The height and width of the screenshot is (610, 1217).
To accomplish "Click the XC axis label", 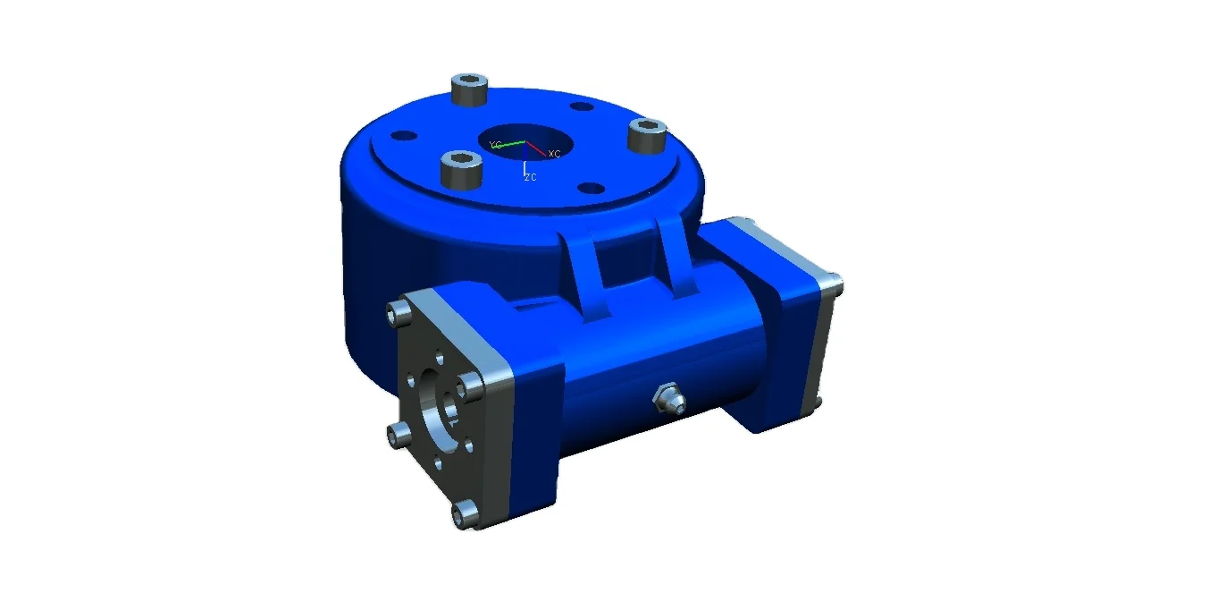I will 554,154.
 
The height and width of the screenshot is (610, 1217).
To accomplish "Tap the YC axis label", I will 494,144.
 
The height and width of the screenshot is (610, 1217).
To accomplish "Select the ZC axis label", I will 530,177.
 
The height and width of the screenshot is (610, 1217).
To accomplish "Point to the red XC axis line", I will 537,148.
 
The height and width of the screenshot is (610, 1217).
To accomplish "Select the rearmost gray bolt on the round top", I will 469,89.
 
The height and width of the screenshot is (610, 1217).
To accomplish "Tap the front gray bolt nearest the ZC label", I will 461,168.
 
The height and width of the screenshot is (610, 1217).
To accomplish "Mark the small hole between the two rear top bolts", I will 582,107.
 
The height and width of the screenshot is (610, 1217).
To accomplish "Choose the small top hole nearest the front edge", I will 589,189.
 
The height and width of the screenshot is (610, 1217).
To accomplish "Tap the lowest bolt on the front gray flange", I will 463,513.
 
